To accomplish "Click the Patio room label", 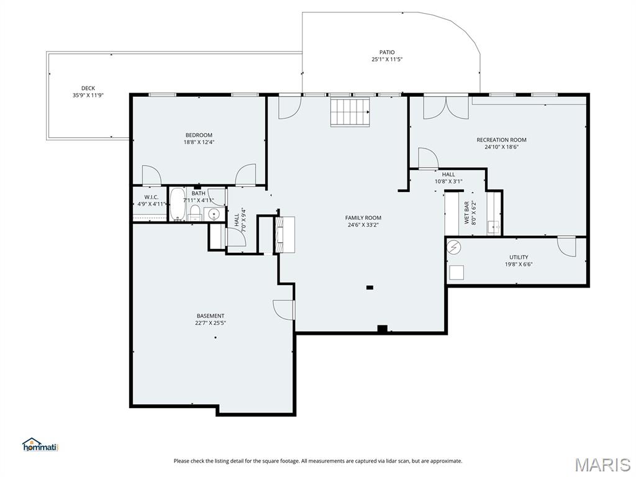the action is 387,52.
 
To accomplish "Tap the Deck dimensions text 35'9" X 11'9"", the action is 88,95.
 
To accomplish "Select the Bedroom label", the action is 199,135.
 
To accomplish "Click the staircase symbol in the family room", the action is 350,112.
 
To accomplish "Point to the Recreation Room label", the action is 501,140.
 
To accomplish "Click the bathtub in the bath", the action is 177,204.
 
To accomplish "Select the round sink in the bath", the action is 214,214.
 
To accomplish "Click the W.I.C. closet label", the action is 152,197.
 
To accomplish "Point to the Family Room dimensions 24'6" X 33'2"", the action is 363,225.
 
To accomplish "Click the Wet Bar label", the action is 466,213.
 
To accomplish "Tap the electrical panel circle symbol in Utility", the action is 455,247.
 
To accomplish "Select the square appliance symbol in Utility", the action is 457,273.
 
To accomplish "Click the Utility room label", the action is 519,257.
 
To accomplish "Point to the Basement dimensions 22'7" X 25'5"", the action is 210,323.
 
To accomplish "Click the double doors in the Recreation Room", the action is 446,107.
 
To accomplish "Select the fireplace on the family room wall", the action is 284,235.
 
